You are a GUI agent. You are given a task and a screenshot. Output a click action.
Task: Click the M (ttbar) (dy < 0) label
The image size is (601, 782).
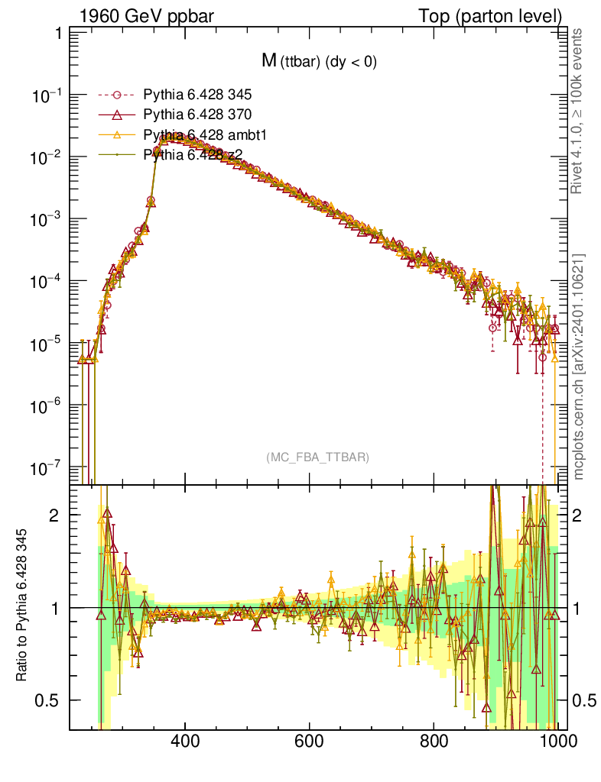pos(319,62)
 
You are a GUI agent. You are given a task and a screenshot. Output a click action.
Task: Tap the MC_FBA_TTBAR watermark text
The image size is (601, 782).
pos(318,457)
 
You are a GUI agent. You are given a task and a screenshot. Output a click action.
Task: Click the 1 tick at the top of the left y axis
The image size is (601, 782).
pos(58,34)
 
